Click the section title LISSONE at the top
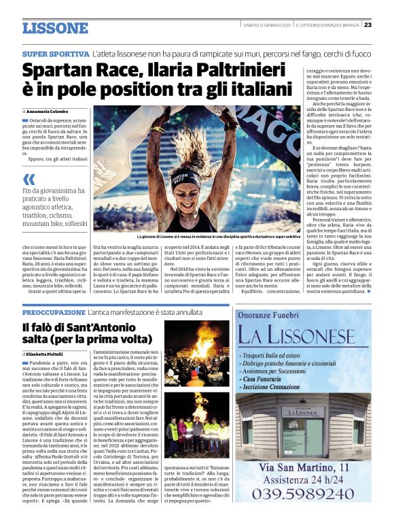pos(55,28)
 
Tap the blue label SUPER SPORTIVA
pos(55,53)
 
